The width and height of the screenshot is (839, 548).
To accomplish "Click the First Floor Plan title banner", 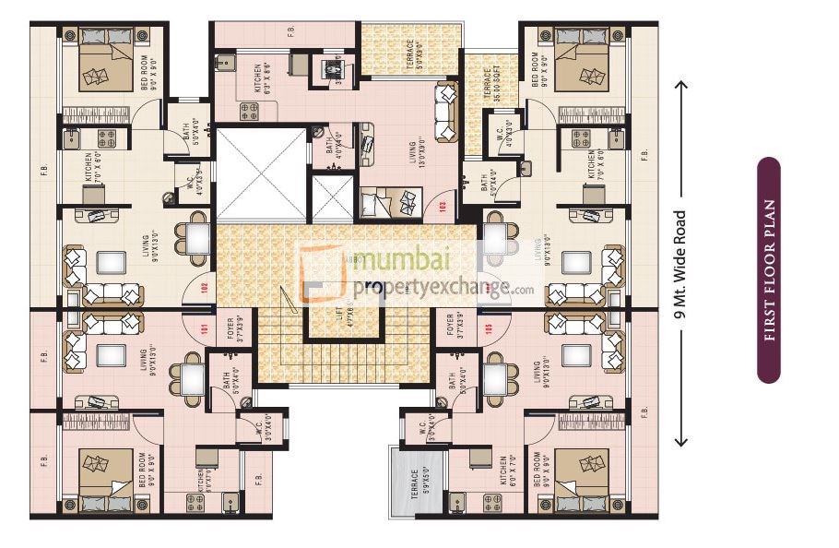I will tap(769, 269).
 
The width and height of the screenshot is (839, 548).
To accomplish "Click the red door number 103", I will tap(444, 206).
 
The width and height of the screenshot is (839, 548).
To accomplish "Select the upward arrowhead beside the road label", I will tap(682, 86).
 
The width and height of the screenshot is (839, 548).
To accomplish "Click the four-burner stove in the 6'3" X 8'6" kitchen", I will tap(248, 112).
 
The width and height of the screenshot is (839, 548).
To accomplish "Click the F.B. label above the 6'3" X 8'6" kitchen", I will tap(290, 32).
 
